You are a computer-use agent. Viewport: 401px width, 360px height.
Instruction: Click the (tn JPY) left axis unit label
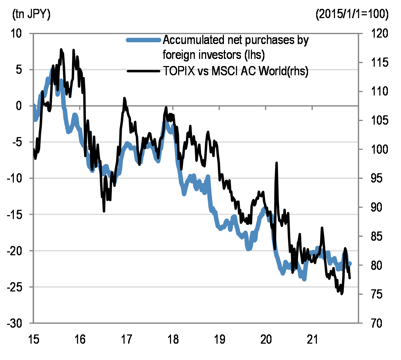click(x=31, y=15)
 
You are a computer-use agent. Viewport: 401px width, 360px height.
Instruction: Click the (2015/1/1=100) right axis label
click(x=352, y=15)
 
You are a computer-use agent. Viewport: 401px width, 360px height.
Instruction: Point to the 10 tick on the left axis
click(x=18, y=33)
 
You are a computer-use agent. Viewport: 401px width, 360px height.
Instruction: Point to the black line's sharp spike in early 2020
click(x=276, y=163)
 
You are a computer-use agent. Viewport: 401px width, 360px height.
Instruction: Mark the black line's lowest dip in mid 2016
click(x=104, y=211)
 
